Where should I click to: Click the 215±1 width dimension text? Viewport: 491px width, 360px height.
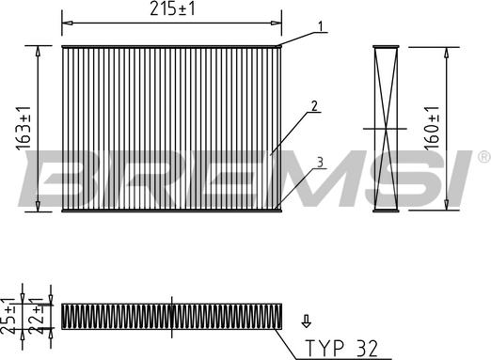point(172,8)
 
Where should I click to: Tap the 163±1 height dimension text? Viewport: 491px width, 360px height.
point(24,129)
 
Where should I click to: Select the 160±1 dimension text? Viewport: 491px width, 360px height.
point(432,127)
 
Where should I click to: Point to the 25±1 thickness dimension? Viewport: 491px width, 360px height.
point(8,317)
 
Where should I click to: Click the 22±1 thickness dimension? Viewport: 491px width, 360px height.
point(35,317)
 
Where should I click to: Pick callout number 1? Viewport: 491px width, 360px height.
point(320,26)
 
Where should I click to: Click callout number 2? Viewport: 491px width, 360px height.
point(314,106)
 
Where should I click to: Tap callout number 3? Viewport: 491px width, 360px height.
point(320,163)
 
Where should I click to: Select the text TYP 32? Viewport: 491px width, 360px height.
point(341,348)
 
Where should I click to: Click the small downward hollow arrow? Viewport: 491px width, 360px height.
point(306,321)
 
